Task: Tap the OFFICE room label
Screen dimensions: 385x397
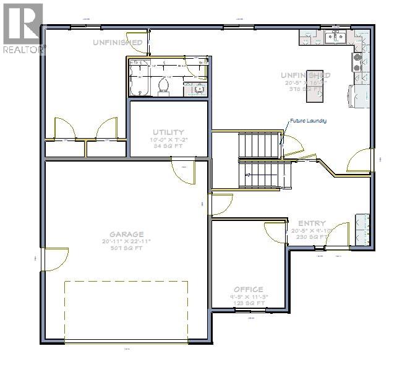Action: point(248,289)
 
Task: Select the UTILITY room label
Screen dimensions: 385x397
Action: point(168,132)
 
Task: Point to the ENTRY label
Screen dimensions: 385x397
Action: point(312,223)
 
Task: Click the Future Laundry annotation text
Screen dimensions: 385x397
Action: point(307,121)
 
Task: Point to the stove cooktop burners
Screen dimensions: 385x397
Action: point(358,59)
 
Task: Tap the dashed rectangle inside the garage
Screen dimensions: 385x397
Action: point(126,309)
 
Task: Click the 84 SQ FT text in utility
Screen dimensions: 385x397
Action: point(168,146)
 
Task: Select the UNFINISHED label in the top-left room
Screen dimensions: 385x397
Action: point(117,42)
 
